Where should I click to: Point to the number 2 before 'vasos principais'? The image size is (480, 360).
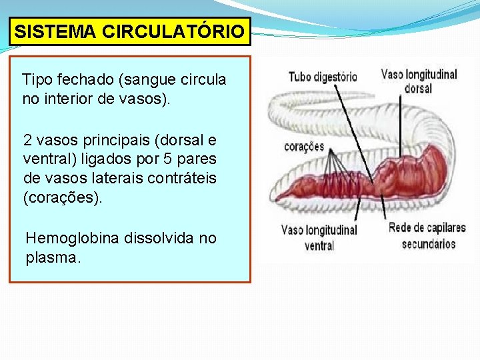click(27, 141)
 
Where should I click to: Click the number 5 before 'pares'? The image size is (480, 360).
click(175, 161)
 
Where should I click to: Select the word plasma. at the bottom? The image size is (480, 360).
click(53, 258)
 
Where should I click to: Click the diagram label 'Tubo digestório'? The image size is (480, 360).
click(322, 77)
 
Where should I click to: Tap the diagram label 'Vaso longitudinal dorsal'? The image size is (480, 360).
click(419, 81)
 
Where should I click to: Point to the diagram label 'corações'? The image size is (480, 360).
click(304, 147)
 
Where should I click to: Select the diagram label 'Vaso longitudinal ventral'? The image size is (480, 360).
click(319, 237)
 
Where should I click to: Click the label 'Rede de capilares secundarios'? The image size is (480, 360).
click(427, 235)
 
